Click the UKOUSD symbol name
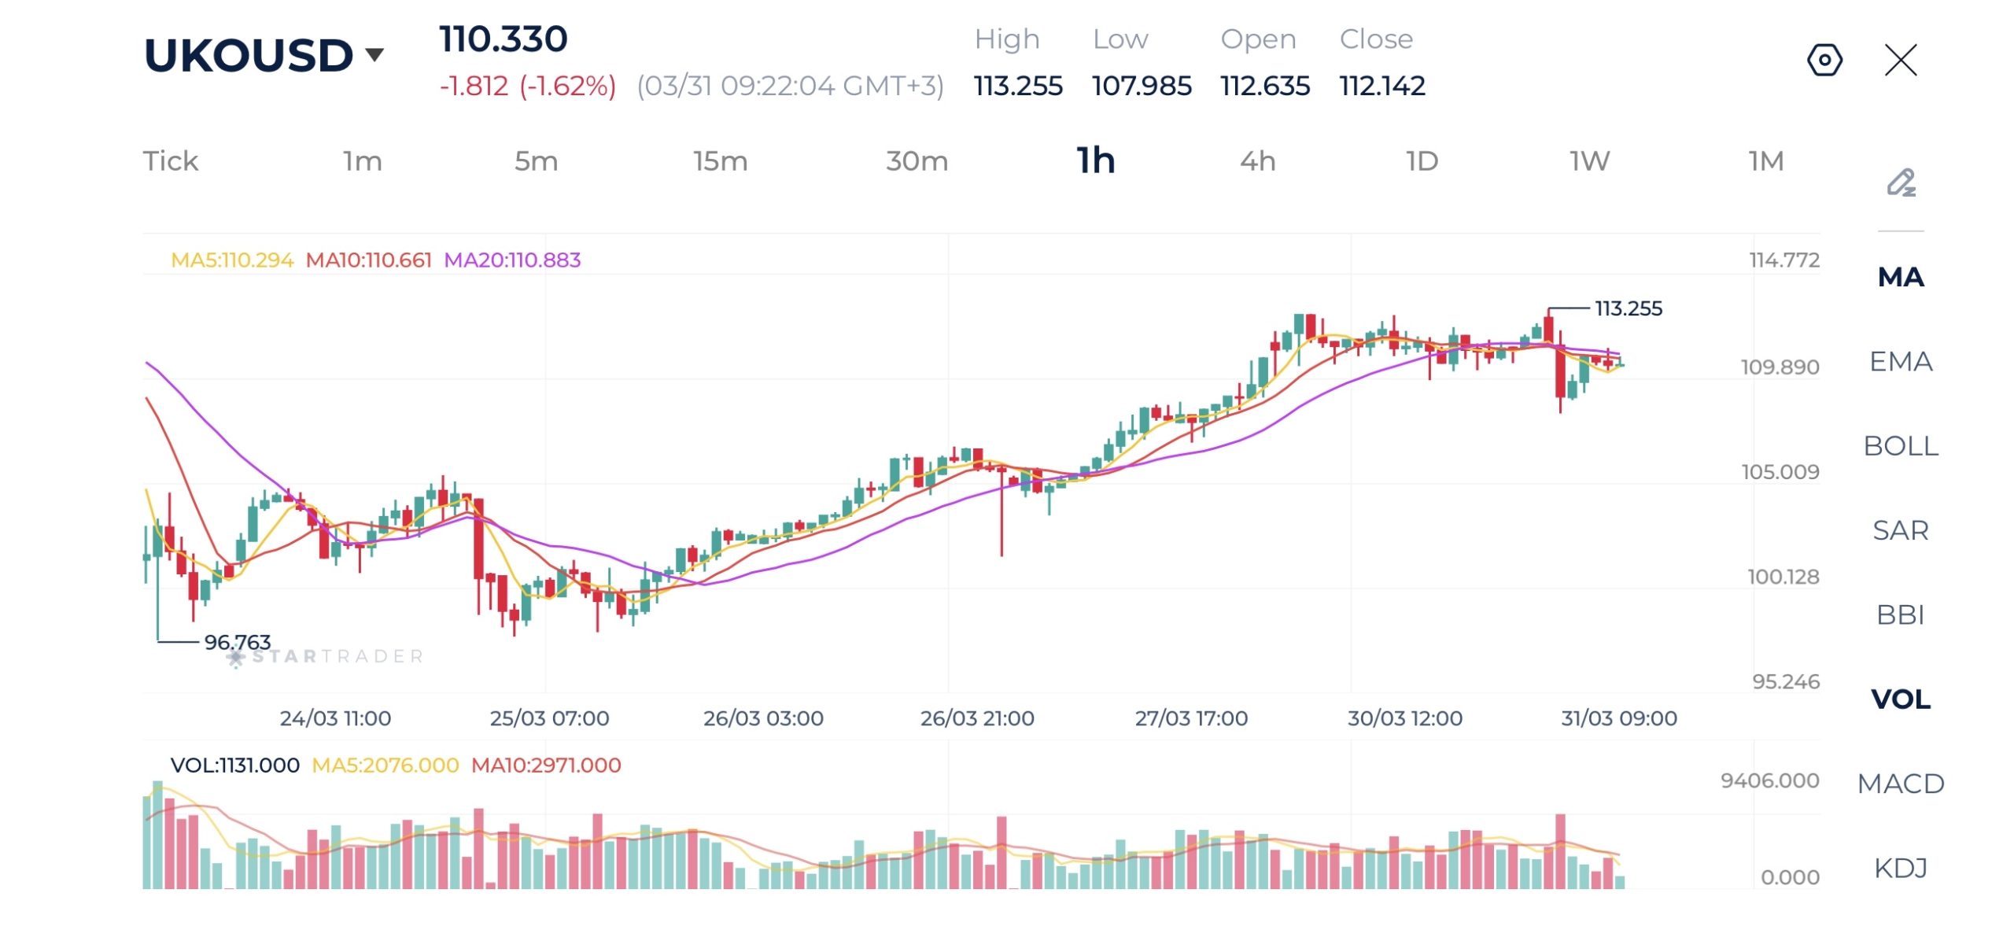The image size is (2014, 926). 249,56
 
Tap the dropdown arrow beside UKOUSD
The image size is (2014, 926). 375,54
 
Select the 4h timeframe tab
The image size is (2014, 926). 1257,161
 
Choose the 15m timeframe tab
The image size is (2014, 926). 720,161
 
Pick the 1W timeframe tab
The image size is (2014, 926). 1589,161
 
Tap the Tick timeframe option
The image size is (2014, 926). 170,161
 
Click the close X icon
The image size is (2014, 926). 1901,60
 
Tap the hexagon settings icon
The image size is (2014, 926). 1824,60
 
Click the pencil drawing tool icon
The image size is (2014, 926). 1901,183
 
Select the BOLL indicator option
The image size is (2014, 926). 1901,446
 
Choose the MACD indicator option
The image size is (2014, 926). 1901,784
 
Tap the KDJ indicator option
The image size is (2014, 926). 1901,868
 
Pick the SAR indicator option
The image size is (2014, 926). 1901,530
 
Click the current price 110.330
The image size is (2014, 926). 503,39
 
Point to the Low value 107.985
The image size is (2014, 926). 1142,86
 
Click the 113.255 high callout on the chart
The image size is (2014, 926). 1629,308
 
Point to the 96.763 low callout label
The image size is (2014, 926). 237,642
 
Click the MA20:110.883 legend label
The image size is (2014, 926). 512,260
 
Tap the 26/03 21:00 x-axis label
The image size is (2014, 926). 977,718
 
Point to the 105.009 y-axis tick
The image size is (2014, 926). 1780,472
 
